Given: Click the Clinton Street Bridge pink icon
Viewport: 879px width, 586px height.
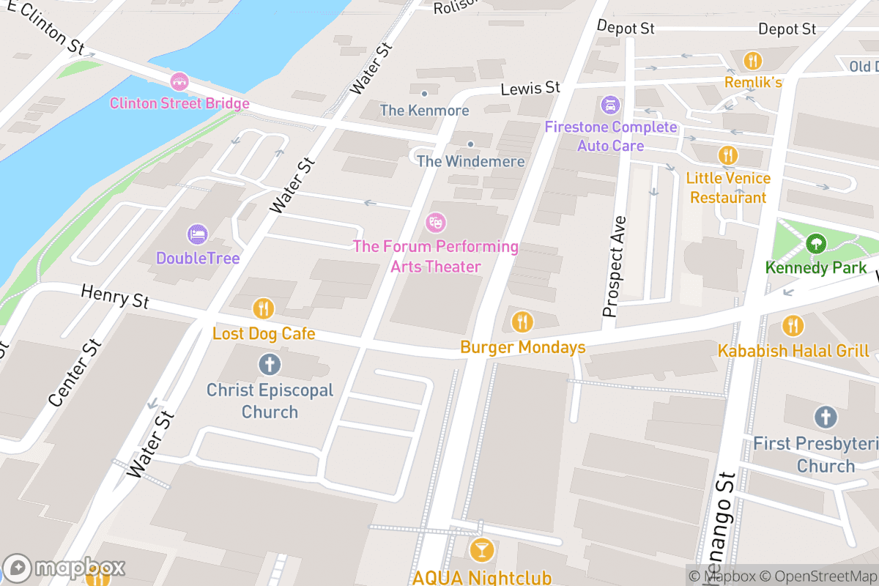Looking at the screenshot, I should [179, 81].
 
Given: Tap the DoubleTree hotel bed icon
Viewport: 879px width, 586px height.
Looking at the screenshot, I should [198, 234].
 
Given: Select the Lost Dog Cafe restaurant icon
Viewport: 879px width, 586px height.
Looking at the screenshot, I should [264, 308].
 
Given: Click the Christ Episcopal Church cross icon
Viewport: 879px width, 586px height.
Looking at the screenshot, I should [270, 364].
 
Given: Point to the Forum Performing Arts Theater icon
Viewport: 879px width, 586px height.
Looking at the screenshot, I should [436, 220].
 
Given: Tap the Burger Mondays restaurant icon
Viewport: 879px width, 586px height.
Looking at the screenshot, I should [522, 321].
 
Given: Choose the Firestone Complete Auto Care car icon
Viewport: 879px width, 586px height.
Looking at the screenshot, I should [609, 105].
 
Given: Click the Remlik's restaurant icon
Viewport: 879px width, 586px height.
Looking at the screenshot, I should [752, 60].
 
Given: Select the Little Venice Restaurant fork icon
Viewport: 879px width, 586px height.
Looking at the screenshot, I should [727, 155].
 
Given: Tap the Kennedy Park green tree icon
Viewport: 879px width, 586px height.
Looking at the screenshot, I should [815, 243].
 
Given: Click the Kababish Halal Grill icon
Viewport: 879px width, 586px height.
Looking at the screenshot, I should [793, 325].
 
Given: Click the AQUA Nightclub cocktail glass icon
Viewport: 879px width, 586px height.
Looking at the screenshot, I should [481, 549].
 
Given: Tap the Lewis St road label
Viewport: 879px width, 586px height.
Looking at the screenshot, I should [530, 89].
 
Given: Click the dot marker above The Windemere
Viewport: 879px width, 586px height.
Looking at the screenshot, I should [470, 144].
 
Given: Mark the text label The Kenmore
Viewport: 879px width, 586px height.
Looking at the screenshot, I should [424, 111].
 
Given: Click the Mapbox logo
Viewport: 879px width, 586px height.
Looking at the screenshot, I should [64, 568].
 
